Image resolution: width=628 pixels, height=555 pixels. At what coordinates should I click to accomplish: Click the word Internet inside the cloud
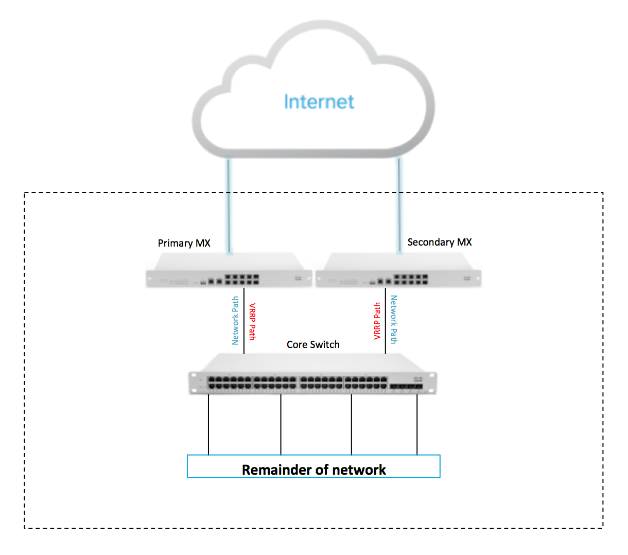319,102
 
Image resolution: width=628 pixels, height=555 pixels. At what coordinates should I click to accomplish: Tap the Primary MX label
184,243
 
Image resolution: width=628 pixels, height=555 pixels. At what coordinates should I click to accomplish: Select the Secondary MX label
439,242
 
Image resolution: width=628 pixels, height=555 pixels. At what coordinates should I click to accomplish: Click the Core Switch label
313,344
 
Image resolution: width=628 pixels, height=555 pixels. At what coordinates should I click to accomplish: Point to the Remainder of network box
313,466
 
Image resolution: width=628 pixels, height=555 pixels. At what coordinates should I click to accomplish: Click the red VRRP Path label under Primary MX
252,321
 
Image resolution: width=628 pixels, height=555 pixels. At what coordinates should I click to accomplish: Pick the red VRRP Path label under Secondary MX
377,321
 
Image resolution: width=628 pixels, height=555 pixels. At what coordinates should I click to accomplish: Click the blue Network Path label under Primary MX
235,320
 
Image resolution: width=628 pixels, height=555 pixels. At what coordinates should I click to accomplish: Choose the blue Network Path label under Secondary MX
394,319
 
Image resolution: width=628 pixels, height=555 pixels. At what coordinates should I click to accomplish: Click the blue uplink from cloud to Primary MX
229,206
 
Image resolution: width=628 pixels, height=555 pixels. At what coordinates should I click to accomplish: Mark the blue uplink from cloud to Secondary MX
398,206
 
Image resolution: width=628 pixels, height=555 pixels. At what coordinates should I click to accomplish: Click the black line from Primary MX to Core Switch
244,321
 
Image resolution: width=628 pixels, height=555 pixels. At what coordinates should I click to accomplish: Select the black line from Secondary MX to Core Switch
385,321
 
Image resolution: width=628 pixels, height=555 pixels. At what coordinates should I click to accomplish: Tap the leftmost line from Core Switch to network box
208,425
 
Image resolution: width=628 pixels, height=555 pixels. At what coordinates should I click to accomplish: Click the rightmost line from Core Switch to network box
417,425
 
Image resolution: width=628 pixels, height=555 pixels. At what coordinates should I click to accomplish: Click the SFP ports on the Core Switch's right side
406,386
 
